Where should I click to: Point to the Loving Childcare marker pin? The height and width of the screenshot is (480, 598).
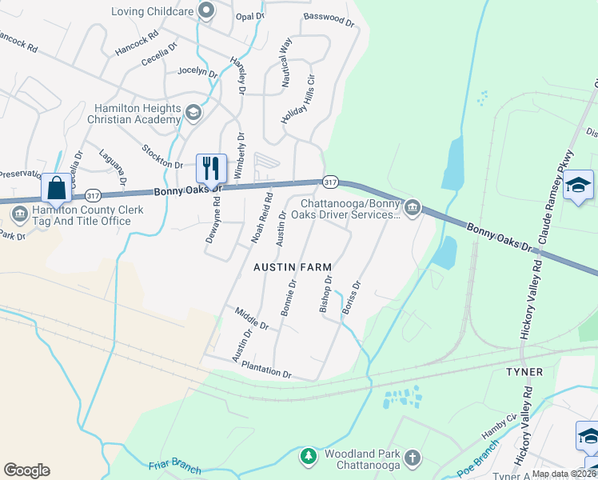[207, 11]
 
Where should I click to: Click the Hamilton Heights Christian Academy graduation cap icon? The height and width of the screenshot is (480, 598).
[193, 112]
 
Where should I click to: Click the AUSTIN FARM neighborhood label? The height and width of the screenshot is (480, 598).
[292, 266]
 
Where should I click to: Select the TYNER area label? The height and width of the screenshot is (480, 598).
[524, 372]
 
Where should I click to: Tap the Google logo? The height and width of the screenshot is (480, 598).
[26, 470]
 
